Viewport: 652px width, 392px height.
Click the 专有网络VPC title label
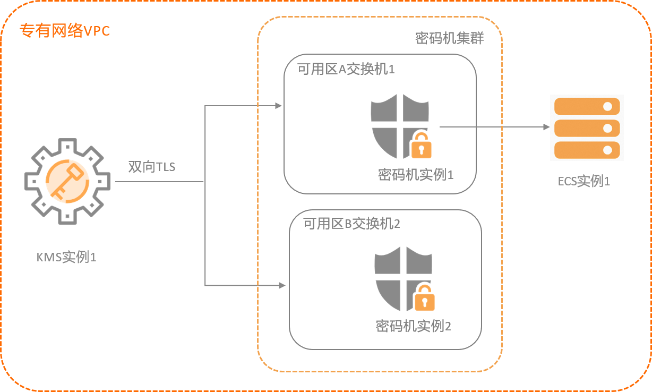[64, 31]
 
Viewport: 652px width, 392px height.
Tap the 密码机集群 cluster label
[449, 39]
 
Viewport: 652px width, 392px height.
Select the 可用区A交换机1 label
[346, 70]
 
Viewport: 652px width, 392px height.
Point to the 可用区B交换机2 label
[351, 224]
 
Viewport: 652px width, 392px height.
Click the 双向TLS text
[152, 167]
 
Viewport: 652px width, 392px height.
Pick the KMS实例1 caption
[66, 258]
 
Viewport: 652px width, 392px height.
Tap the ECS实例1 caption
[584, 181]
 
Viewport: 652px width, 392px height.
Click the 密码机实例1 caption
[416, 175]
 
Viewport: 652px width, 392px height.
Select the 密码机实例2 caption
[413, 326]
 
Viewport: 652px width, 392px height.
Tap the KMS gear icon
[67, 181]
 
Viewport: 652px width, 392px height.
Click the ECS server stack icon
[587, 127]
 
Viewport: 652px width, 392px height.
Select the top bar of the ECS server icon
[587, 106]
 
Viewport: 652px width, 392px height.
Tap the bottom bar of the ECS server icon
[587, 149]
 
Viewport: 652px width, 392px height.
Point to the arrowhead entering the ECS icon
[546, 127]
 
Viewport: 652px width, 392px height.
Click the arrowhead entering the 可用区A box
[279, 106]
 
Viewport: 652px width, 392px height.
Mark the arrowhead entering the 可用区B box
[283, 286]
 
